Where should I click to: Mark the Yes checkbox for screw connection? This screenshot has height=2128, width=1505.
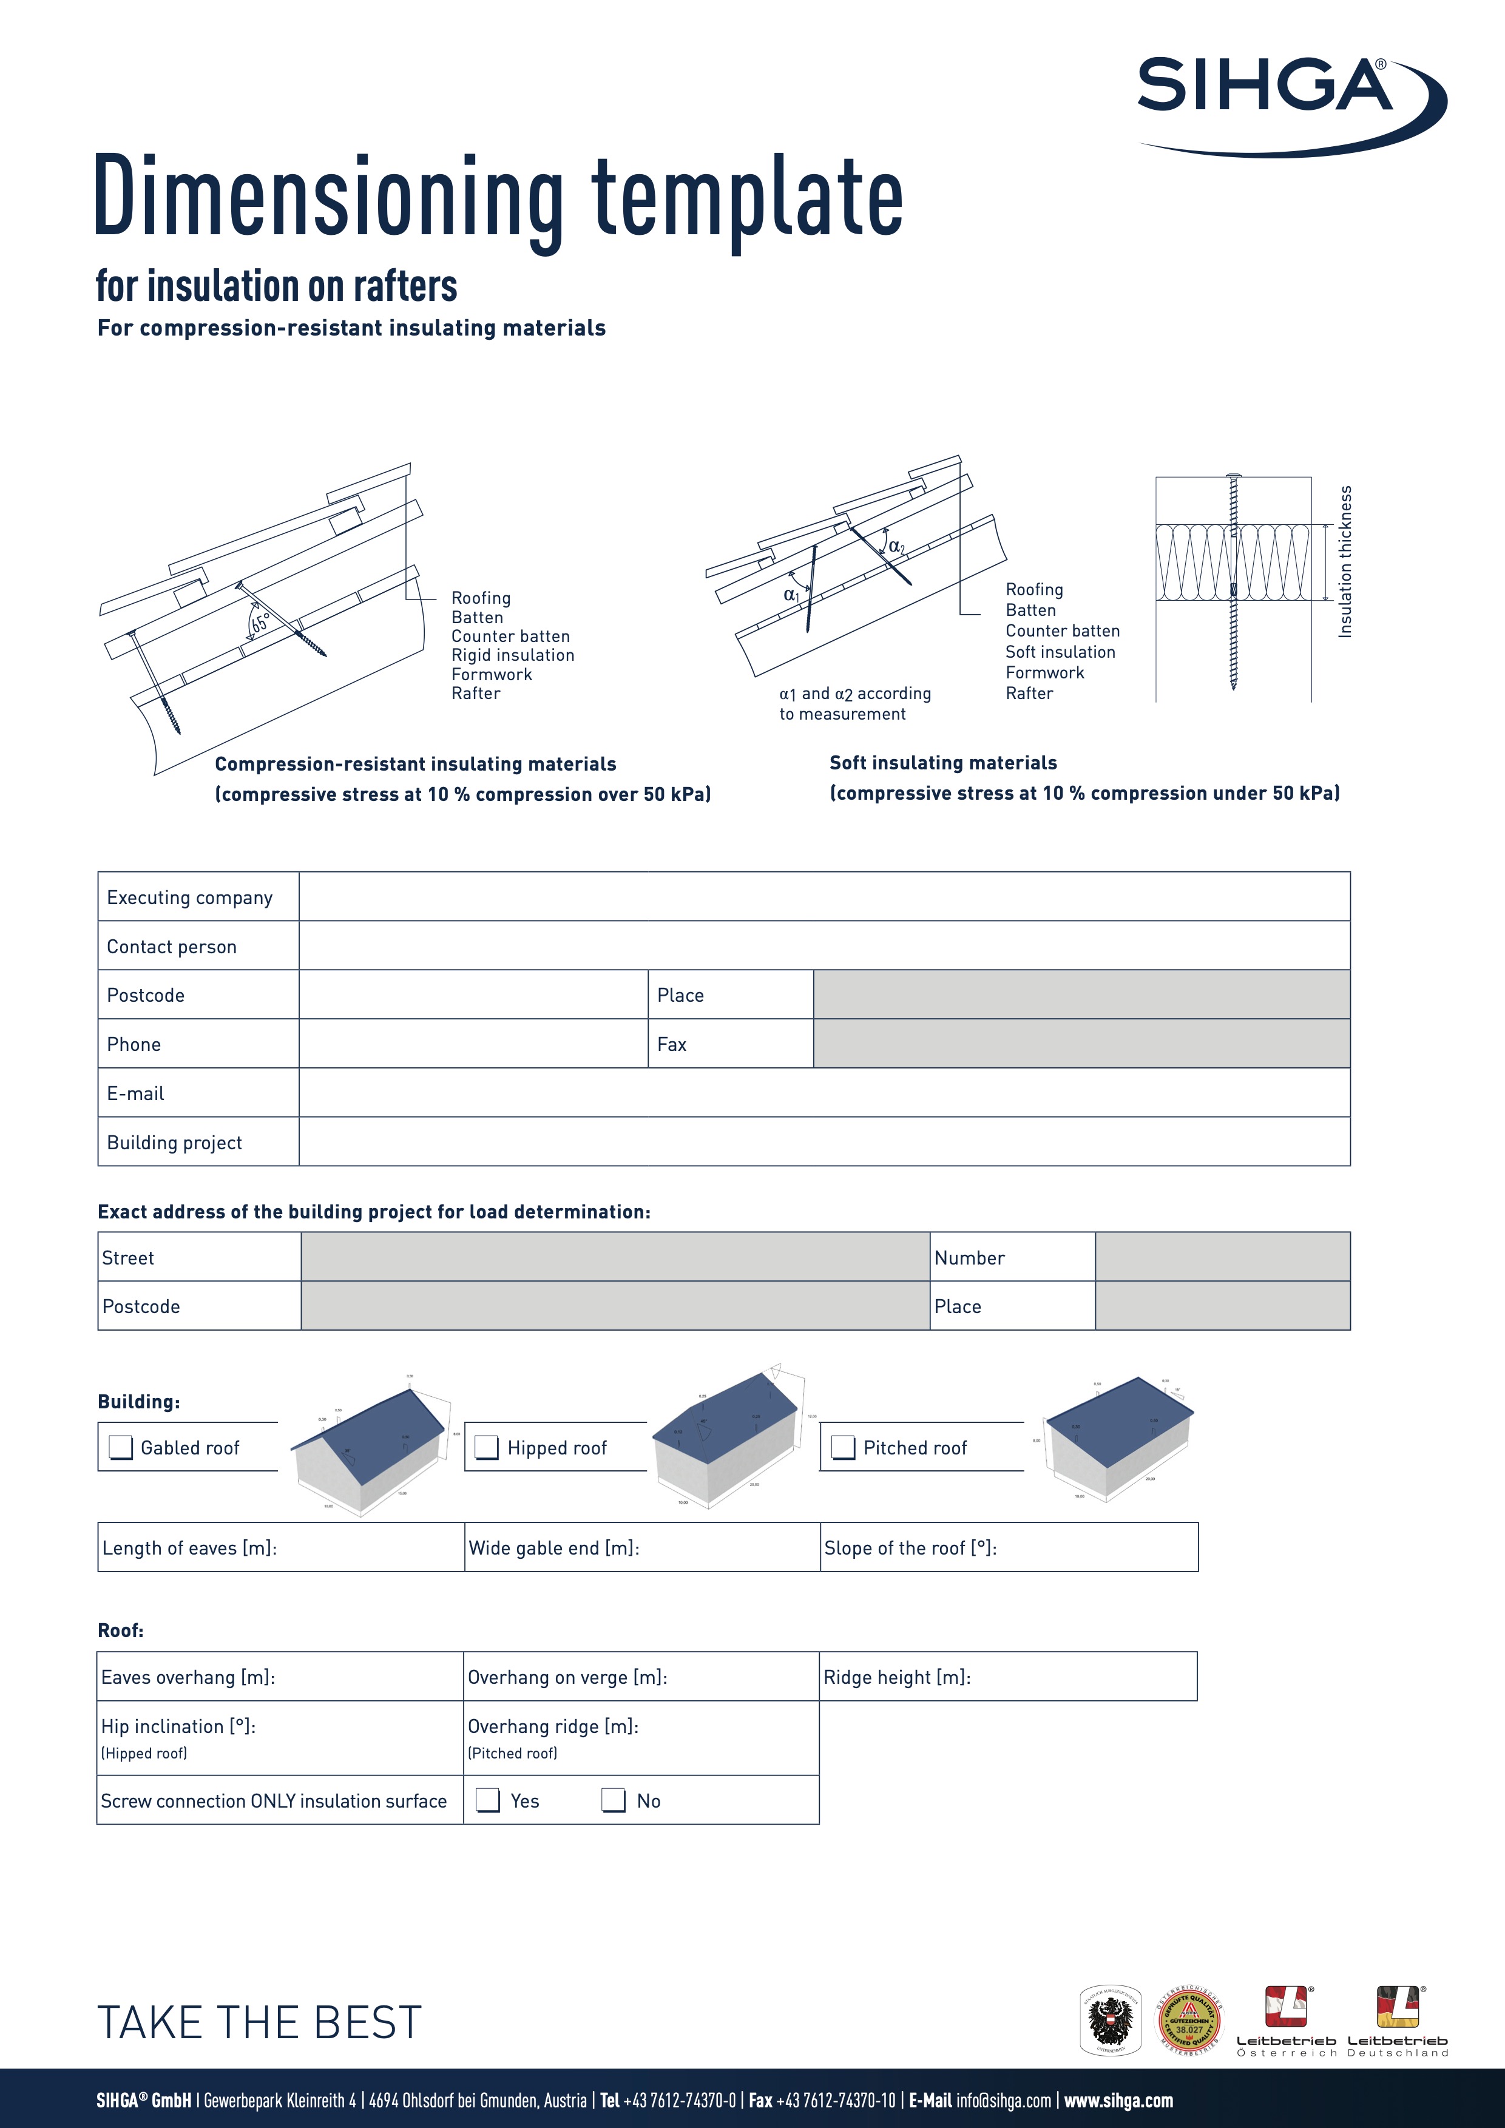click(x=487, y=1800)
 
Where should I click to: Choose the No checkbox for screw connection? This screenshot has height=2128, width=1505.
click(x=614, y=1800)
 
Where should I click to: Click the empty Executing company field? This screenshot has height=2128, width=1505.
click(x=823, y=896)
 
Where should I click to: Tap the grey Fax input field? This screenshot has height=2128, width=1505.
click(x=1081, y=1044)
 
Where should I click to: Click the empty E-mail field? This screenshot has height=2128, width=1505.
click(x=823, y=1093)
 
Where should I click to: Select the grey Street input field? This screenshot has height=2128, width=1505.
click(x=614, y=1257)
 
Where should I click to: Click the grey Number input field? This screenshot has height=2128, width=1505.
click(x=1222, y=1257)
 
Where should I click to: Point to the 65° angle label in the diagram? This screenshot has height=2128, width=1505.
click(x=260, y=623)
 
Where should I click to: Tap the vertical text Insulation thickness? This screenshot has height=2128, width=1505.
click(x=1345, y=562)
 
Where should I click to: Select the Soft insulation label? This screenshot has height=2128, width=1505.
click(x=1060, y=652)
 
